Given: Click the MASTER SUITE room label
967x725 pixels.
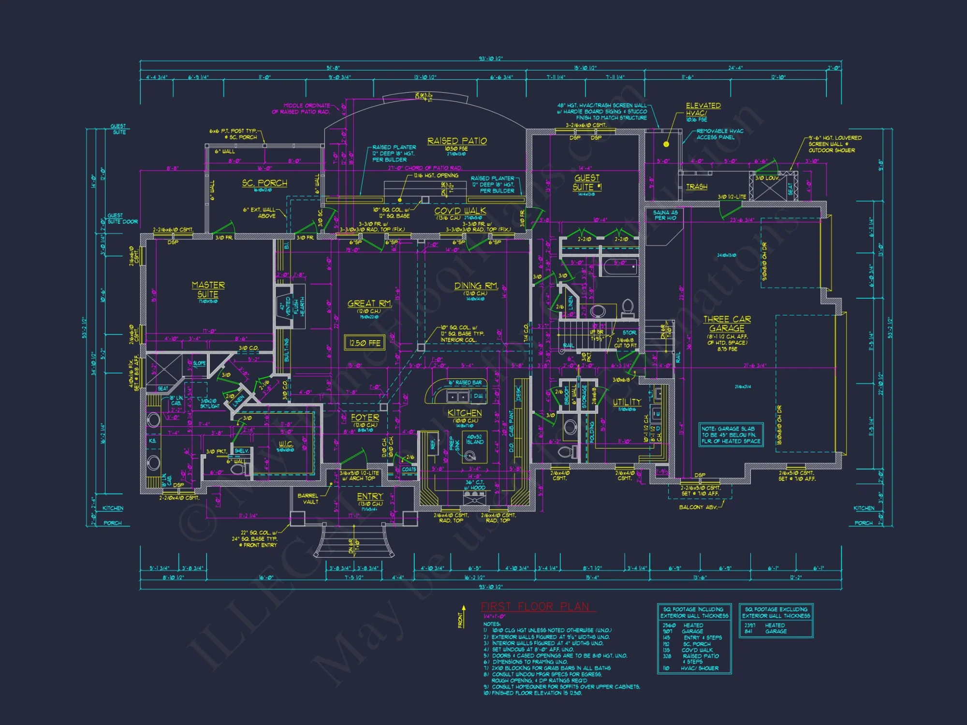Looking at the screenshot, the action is coord(208,290).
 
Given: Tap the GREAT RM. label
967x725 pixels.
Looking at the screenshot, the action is coord(369,304).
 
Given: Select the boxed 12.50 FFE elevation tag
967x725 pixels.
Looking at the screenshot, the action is coord(365,343).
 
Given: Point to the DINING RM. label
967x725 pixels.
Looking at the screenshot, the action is coord(476,286).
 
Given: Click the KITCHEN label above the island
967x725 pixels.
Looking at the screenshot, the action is coord(464,413).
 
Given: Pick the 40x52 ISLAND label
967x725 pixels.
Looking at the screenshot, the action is coord(474,439).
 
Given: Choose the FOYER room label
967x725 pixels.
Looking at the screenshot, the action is coord(365,417).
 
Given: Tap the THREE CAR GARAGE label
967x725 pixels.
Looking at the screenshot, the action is coord(727,323).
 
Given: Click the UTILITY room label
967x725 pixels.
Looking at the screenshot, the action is coord(627,402).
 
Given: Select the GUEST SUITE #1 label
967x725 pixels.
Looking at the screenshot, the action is coord(587,183).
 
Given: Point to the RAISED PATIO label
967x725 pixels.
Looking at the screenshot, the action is coord(457,141).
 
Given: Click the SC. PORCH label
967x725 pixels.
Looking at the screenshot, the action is coord(264,183).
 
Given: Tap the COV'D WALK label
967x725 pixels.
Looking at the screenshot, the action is coord(460,211).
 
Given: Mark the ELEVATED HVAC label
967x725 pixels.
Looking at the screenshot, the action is coord(703,109).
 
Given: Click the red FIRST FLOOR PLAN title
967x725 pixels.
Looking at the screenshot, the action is coord(535,607).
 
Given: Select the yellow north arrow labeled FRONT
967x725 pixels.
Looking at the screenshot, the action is coord(463,616).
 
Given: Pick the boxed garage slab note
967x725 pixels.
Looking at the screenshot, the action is coord(731,435).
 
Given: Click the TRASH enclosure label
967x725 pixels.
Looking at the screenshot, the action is coord(696,187).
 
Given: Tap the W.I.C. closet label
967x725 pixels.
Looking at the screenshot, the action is coord(286,444).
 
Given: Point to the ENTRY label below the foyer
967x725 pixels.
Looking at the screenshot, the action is coord(370,496).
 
